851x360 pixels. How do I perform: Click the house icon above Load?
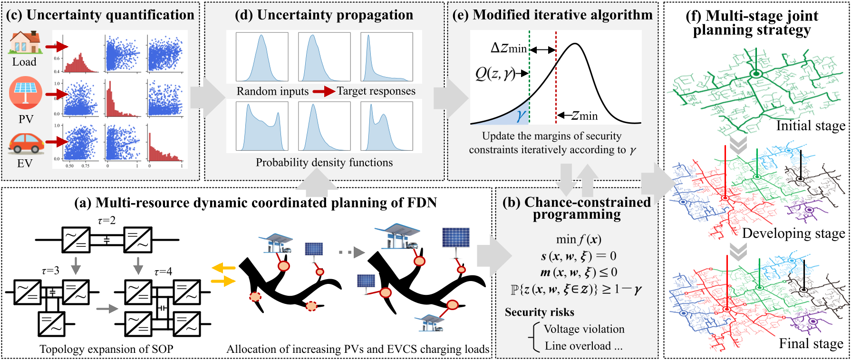pos(25,43)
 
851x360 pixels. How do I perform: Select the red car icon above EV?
pos(26,143)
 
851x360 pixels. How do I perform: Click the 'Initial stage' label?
pos(811,126)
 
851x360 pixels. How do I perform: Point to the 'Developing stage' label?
pos(793,234)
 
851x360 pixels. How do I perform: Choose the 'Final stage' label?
pos(811,343)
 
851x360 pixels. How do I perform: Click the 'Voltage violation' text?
pos(584,329)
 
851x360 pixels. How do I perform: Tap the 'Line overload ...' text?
pos(583,346)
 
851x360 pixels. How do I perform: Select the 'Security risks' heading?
pos(539,312)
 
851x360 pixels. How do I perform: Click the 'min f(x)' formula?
pos(579,240)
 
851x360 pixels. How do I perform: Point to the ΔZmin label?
pos(509,49)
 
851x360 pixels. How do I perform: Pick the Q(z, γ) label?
pos(495,73)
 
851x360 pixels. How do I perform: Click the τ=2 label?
pos(106,221)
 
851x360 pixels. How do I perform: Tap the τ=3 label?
pos(50,271)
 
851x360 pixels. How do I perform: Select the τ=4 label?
pos(163,272)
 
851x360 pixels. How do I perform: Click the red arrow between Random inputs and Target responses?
pos(323,91)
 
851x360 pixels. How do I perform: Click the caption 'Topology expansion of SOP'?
pos(106,349)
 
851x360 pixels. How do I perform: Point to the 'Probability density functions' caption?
pos(324,163)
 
